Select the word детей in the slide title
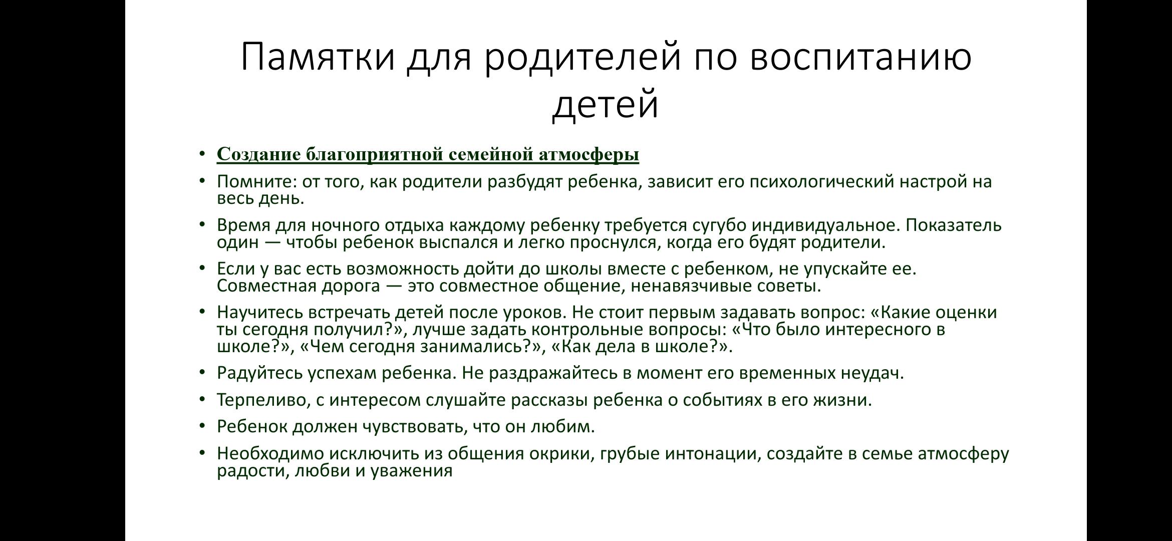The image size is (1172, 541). [605, 104]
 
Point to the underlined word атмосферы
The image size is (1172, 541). [589, 154]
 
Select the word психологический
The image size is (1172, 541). [821, 181]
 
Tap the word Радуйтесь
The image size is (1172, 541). [259, 373]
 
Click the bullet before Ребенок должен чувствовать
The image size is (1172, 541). [202, 426]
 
